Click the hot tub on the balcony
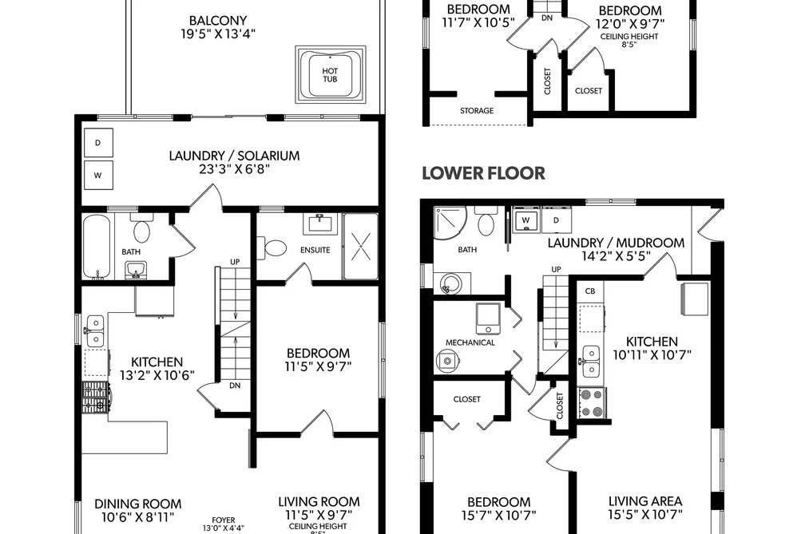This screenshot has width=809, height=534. coord(330,74)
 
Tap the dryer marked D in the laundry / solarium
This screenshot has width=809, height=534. coord(98,142)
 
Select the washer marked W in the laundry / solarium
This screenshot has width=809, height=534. coord(98,176)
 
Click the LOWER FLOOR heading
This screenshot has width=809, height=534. coord(483,173)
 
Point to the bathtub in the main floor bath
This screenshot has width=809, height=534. coord(97,247)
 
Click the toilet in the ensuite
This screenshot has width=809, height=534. coord(272,248)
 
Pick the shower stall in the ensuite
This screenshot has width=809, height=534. coord(360,247)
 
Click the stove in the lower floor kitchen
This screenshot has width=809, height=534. coord(592,403)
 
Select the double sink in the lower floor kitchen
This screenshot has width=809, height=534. coord(591,362)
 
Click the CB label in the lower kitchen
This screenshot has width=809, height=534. coord(590,291)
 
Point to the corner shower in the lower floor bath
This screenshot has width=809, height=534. coord(450,223)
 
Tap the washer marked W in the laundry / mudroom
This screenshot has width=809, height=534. coord(525,220)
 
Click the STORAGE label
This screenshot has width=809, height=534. coord(477,110)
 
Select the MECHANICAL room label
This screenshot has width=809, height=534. coord(470,342)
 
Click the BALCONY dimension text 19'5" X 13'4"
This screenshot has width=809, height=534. coord(218,34)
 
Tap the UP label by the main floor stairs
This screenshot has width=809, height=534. coord(235,262)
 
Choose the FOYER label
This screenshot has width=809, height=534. coord(224,520)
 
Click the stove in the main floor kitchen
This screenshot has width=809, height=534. coord(95,398)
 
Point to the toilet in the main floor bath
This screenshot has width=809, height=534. coord(141,228)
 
